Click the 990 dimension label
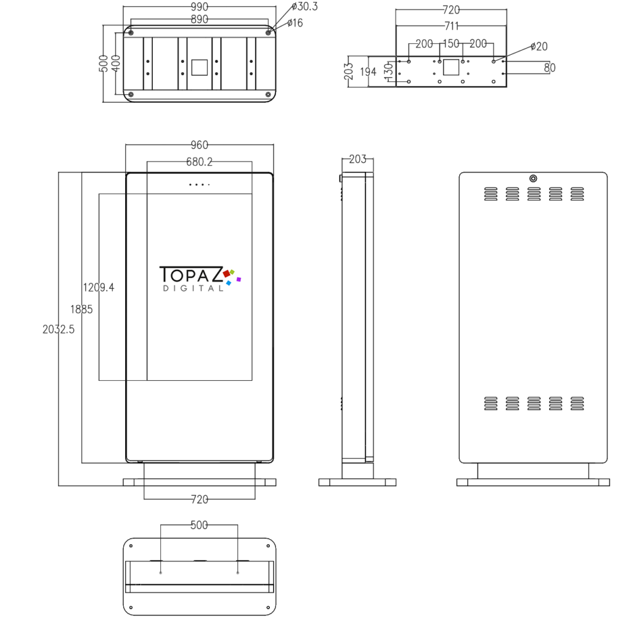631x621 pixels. pyautogui.click(x=199, y=7)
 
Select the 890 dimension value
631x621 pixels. pyautogui.click(x=199, y=19)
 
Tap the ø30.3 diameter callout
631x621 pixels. pyautogui.click(x=304, y=6)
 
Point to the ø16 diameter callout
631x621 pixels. pyautogui.click(x=295, y=23)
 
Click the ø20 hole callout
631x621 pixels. pyautogui.click(x=539, y=47)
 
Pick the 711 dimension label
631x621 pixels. pyautogui.click(x=452, y=26)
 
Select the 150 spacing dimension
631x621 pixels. pyautogui.click(x=451, y=44)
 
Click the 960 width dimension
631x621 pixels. pyautogui.click(x=199, y=145)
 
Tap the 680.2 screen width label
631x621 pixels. pyautogui.click(x=199, y=161)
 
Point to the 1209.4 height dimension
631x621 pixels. pyautogui.click(x=99, y=287)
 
